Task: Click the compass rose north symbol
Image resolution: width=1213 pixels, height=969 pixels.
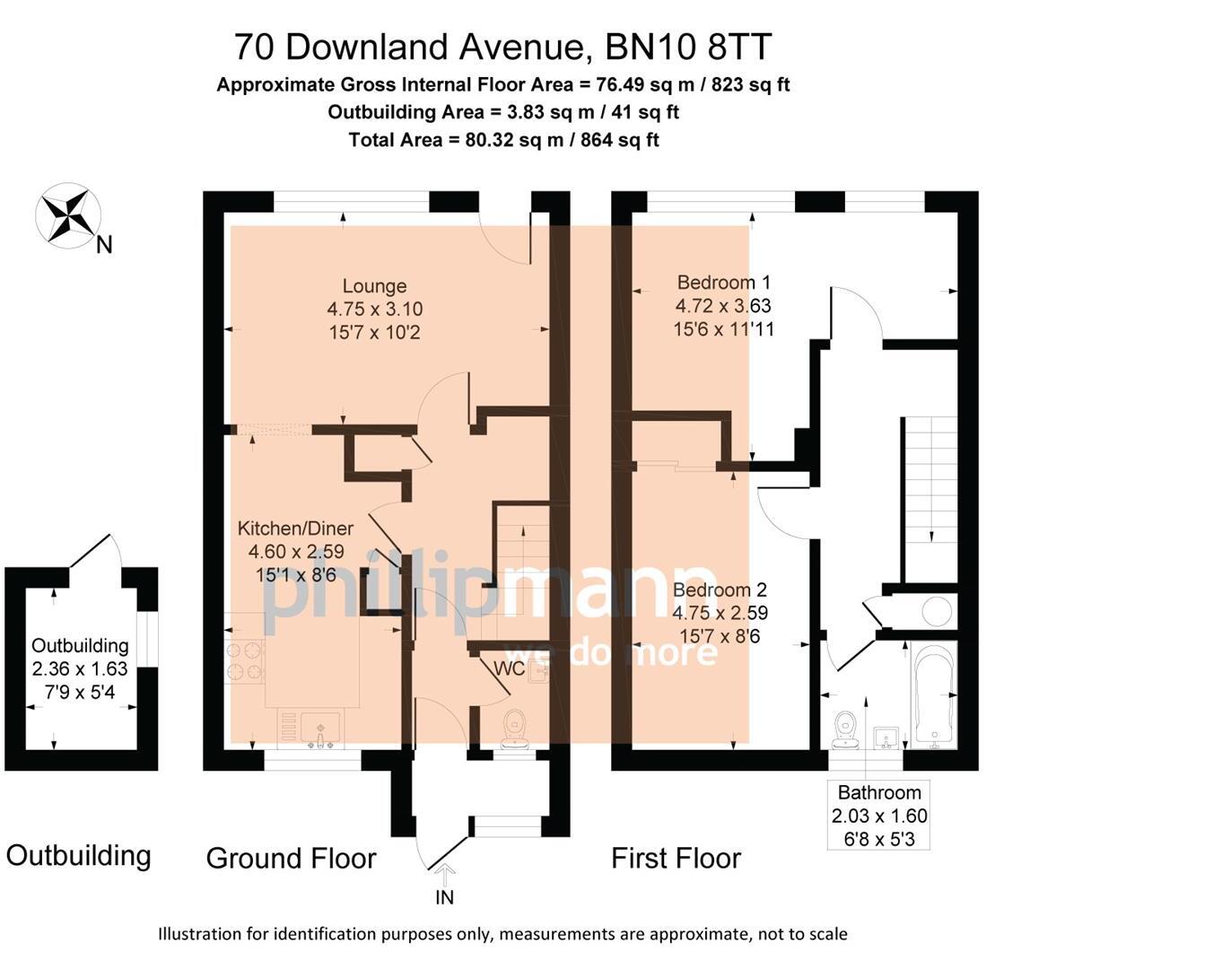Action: [68, 216]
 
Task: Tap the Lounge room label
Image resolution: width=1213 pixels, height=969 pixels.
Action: [374, 287]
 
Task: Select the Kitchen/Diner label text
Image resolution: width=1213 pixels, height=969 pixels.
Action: [295, 529]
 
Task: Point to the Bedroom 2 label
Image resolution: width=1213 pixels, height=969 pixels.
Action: [720, 590]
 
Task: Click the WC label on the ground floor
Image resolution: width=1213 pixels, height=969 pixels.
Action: [509, 668]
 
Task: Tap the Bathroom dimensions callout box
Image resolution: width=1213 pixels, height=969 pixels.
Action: [878, 816]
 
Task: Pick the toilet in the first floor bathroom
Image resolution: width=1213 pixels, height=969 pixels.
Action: [845, 729]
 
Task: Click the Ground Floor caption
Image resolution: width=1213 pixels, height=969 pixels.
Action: [291, 858]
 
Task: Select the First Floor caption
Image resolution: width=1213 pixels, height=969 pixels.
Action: [676, 858]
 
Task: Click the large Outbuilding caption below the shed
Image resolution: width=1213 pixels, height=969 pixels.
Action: [78, 855]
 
